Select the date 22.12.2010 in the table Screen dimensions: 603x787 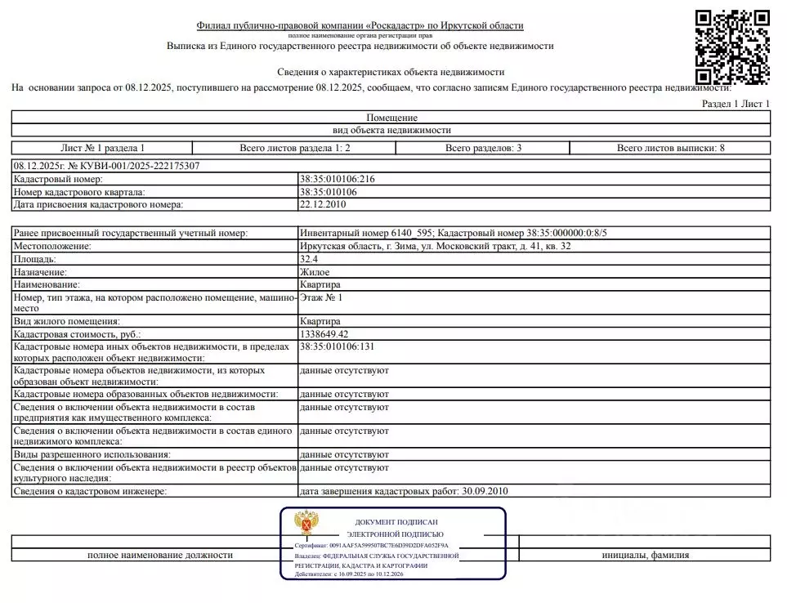[x=322, y=204]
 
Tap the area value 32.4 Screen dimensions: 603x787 [x=308, y=259]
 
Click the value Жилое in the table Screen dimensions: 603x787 [x=315, y=272]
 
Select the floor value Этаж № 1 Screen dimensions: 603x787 [x=321, y=298]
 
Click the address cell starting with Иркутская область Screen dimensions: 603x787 [x=435, y=246]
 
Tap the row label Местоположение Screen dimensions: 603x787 [x=51, y=246]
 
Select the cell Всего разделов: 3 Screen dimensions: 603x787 [x=483, y=148]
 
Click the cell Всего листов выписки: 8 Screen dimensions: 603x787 [x=670, y=148]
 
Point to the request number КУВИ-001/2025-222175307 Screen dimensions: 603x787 [x=107, y=166]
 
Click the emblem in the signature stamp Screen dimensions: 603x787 [x=306, y=523]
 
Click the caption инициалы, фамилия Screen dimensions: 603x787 [x=645, y=555]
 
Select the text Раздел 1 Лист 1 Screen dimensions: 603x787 [x=736, y=104]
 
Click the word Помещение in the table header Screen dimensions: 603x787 [x=391, y=118]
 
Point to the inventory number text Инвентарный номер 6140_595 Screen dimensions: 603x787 [x=358, y=233]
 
